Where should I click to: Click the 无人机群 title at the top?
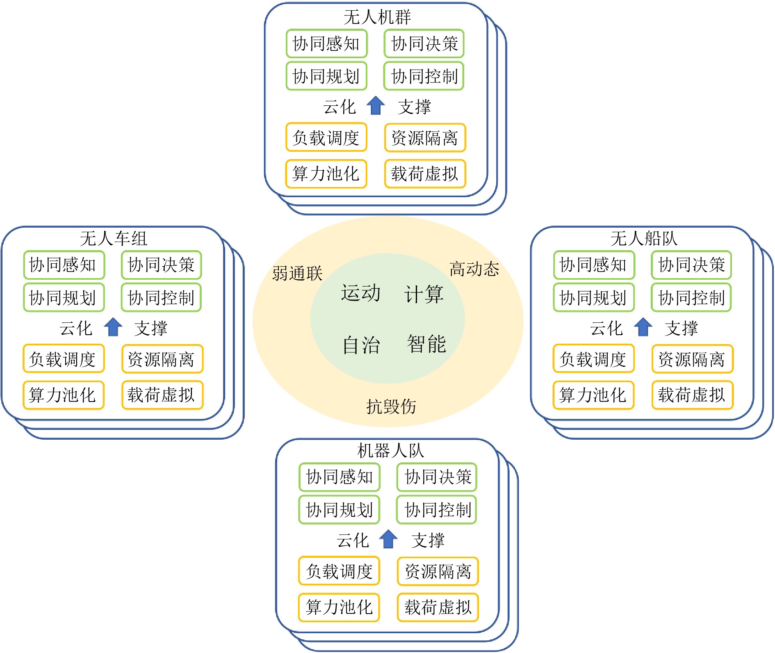coord(377,17)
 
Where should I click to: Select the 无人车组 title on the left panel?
coord(114,238)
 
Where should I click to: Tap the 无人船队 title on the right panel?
coord(644,238)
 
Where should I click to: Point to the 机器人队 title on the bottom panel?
coord(390,450)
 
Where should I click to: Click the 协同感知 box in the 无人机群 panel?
coord(326,43)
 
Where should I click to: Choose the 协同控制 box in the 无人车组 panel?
coord(161,297)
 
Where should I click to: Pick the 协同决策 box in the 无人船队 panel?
coord(691,265)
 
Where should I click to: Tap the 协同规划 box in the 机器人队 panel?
coord(339,510)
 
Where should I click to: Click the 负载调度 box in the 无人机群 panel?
coord(326,137)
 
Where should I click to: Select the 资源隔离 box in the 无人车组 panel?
coord(162,359)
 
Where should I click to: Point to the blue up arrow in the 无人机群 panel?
coord(376,106)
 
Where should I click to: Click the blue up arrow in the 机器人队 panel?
coord(388,539)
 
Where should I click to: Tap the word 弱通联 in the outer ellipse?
coord(297,273)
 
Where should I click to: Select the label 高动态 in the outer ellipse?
coord(474,269)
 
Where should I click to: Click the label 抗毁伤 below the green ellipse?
coord(391,406)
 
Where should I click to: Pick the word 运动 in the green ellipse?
coord(361,293)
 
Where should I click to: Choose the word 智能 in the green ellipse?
coord(426,344)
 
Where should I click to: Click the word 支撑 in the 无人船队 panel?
coord(681,328)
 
